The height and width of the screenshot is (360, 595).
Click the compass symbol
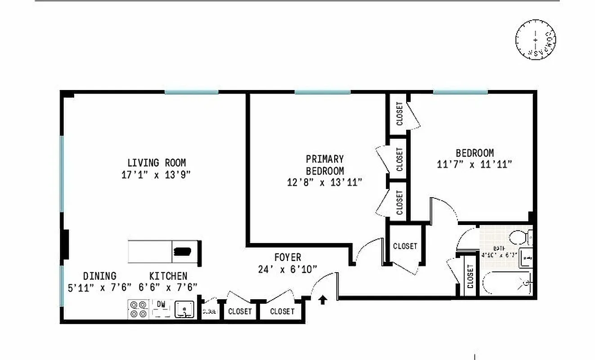click(535, 39)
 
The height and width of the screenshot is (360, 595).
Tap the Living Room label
click(156, 162)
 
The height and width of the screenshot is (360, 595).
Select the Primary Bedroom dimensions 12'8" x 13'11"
click(325, 182)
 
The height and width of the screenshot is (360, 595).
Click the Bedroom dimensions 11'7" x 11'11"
click(474, 164)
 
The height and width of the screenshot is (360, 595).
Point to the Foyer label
click(287, 257)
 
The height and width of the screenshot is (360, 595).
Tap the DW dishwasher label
click(161, 304)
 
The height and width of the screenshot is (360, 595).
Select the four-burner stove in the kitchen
click(139, 309)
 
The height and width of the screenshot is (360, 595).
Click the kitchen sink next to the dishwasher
click(184, 309)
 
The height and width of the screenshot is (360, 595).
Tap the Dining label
click(99, 276)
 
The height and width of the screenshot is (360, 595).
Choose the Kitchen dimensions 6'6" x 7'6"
click(168, 287)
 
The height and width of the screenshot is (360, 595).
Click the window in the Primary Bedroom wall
click(322, 92)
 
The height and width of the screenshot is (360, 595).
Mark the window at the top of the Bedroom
click(460, 92)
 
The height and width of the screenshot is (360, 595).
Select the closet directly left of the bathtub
click(470, 276)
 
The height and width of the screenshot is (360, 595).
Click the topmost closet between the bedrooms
click(399, 114)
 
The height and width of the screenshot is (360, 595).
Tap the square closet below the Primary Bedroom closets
click(405, 246)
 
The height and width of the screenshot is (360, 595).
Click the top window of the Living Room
click(191, 92)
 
